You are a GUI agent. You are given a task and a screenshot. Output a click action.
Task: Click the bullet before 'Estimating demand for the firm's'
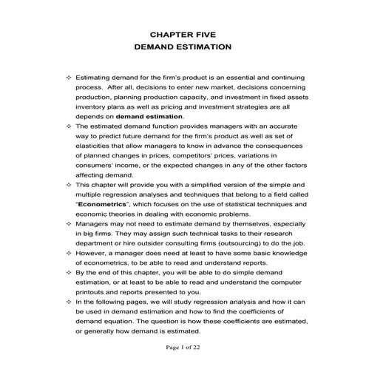[69, 78]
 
